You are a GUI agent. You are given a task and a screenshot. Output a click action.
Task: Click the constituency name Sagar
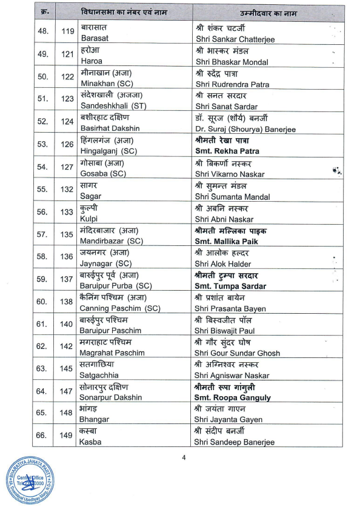91,196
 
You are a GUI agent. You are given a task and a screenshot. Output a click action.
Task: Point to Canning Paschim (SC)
120,308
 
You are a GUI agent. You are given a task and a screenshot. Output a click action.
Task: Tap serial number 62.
42,346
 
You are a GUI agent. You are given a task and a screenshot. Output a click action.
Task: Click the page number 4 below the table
184,459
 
